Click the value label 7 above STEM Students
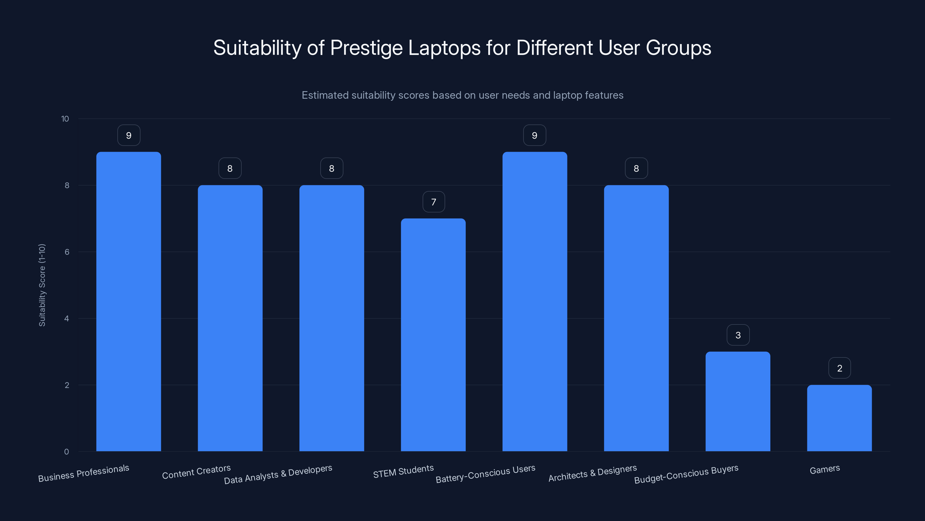[x=433, y=202]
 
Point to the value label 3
[x=738, y=335]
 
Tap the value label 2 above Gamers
[x=839, y=368]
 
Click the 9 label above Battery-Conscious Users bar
[x=534, y=135]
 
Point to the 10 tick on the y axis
[x=65, y=119]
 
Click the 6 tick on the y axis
[x=67, y=252]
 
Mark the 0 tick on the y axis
[x=66, y=452]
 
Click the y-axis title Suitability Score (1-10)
[x=42, y=285]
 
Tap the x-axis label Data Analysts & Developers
[x=278, y=474]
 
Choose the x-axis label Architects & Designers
[x=593, y=473]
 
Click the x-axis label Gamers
[x=824, y=469]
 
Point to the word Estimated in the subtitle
[x=325, y=95]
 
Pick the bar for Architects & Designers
[x=636, y=318]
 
